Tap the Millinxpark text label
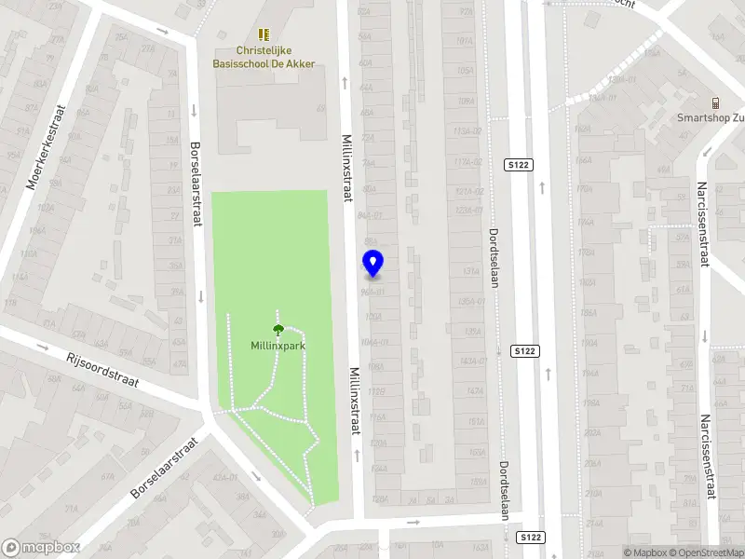(278, 346)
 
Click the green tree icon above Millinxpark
(278, 329)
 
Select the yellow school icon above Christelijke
(264, 34)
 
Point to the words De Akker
(289, 64)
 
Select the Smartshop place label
(711, 119)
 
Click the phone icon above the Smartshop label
(715, 102)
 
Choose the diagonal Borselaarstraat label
(165, 468)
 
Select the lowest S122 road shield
(530, 538)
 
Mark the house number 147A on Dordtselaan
(476, 391)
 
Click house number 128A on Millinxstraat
(379, 499)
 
